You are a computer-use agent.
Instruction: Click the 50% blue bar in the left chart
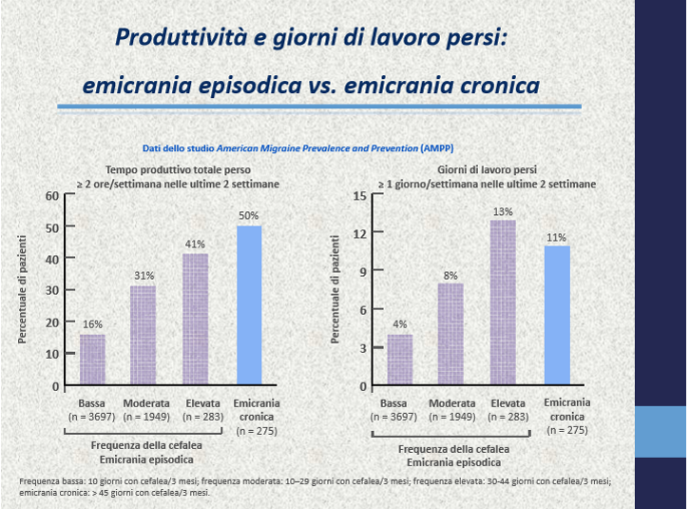pyautogui.click(x=248, y=305)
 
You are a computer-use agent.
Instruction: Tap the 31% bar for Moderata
pyautogui.click(x=144, y=336)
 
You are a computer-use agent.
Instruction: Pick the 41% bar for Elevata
pyautogui.click(x=195, y=320)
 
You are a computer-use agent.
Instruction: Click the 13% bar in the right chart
pyautogui.click(x=503, y=303)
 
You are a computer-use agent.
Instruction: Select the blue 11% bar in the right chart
pyautogui.click(x=557, y=316)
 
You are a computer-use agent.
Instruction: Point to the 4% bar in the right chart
pyautogui.click(x=400, y=360)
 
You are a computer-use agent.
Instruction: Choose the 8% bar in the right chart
pyautogui.click(x=451, y=335)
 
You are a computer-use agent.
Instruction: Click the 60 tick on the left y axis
pyautogui.click(x=53, y=196)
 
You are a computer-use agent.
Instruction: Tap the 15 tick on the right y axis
pyautogui.click(x=360, y=196)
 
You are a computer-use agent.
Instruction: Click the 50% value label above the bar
pyautogui.click(x=248, y=216)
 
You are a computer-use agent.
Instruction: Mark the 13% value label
pyautogui.click(x=503, y=211)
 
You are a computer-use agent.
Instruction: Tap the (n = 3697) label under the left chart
pyautogui.click(x=92, y=417)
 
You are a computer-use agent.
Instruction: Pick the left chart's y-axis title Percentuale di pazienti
pyautogui.click(x=23, y=289)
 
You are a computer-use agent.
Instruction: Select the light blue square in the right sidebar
pyautogui.click(x=660, y=432)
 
